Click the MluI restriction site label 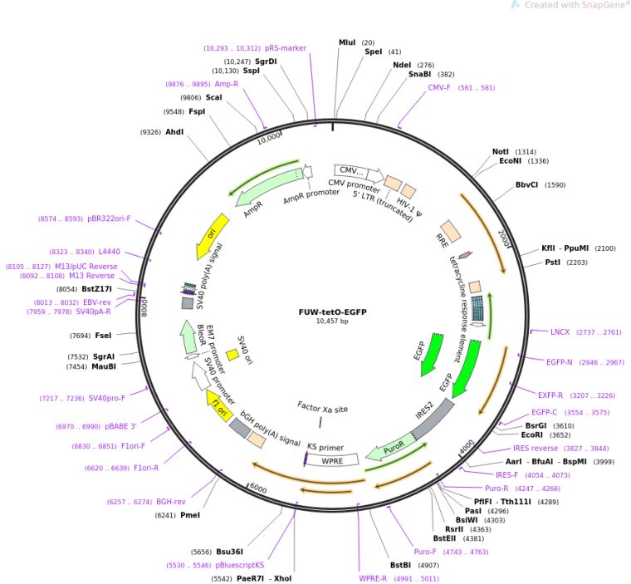(x=347, y=42)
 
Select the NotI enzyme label (x=500, y=152)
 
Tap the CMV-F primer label (x=439, y=87)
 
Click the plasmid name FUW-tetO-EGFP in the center (x=332, y=312)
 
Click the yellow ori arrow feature (x=213, y=236)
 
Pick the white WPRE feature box (x=332, y=459)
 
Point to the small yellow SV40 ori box (x=232, y=355)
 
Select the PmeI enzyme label (x=189, y=515)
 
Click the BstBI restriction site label (x=401, y=567)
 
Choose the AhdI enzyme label (x=174, y=132)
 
